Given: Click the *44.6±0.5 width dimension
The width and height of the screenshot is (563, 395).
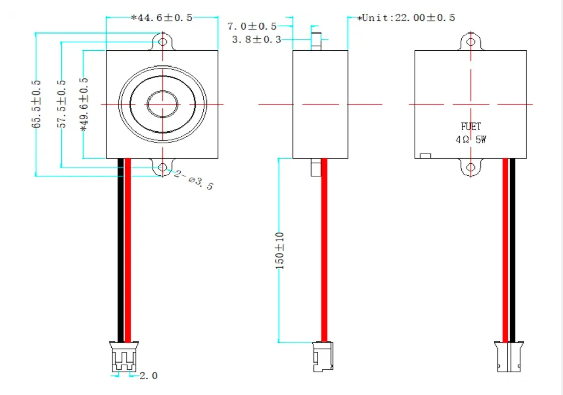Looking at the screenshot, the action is click(162, 18).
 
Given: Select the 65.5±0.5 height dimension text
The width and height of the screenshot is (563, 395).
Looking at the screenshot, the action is click(36, 104).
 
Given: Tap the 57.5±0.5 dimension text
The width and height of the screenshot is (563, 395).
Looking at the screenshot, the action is click(62, 104).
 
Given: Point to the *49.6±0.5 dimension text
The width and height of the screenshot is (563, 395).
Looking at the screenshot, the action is click(84, 104).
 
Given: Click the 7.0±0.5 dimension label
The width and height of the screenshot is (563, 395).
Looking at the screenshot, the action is click(252, 26).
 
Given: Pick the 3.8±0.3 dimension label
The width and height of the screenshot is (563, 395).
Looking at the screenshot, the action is click(256, 39).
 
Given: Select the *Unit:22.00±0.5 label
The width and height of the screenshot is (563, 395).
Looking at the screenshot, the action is click(406, 18).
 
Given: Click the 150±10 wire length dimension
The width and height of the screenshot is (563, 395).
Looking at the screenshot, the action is click(280, 251).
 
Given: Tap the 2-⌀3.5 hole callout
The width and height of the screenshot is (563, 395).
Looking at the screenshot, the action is click(194, 180).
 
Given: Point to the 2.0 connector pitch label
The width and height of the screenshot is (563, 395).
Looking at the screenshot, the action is click(148, 376).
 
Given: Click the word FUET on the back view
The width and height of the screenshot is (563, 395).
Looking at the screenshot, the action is click(471, 126).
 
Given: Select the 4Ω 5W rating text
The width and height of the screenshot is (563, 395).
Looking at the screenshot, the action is click(471, 139).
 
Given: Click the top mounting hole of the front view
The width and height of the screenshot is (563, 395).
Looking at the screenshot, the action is click(163, 41).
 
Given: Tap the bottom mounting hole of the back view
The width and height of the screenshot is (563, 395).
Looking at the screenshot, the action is click(471, 167).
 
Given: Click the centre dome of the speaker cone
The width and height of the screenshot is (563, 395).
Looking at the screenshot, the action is click(163, 104).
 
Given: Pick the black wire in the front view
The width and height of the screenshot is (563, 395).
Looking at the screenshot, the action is click(121, 250).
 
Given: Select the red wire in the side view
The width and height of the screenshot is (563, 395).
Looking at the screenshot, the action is click(324, 250).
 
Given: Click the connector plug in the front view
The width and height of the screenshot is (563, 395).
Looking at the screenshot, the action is click(124, 356).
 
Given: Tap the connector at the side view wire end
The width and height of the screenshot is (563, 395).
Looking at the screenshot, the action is click(323, 356).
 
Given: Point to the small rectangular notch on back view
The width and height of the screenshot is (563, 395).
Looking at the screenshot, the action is click(425, 156).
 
